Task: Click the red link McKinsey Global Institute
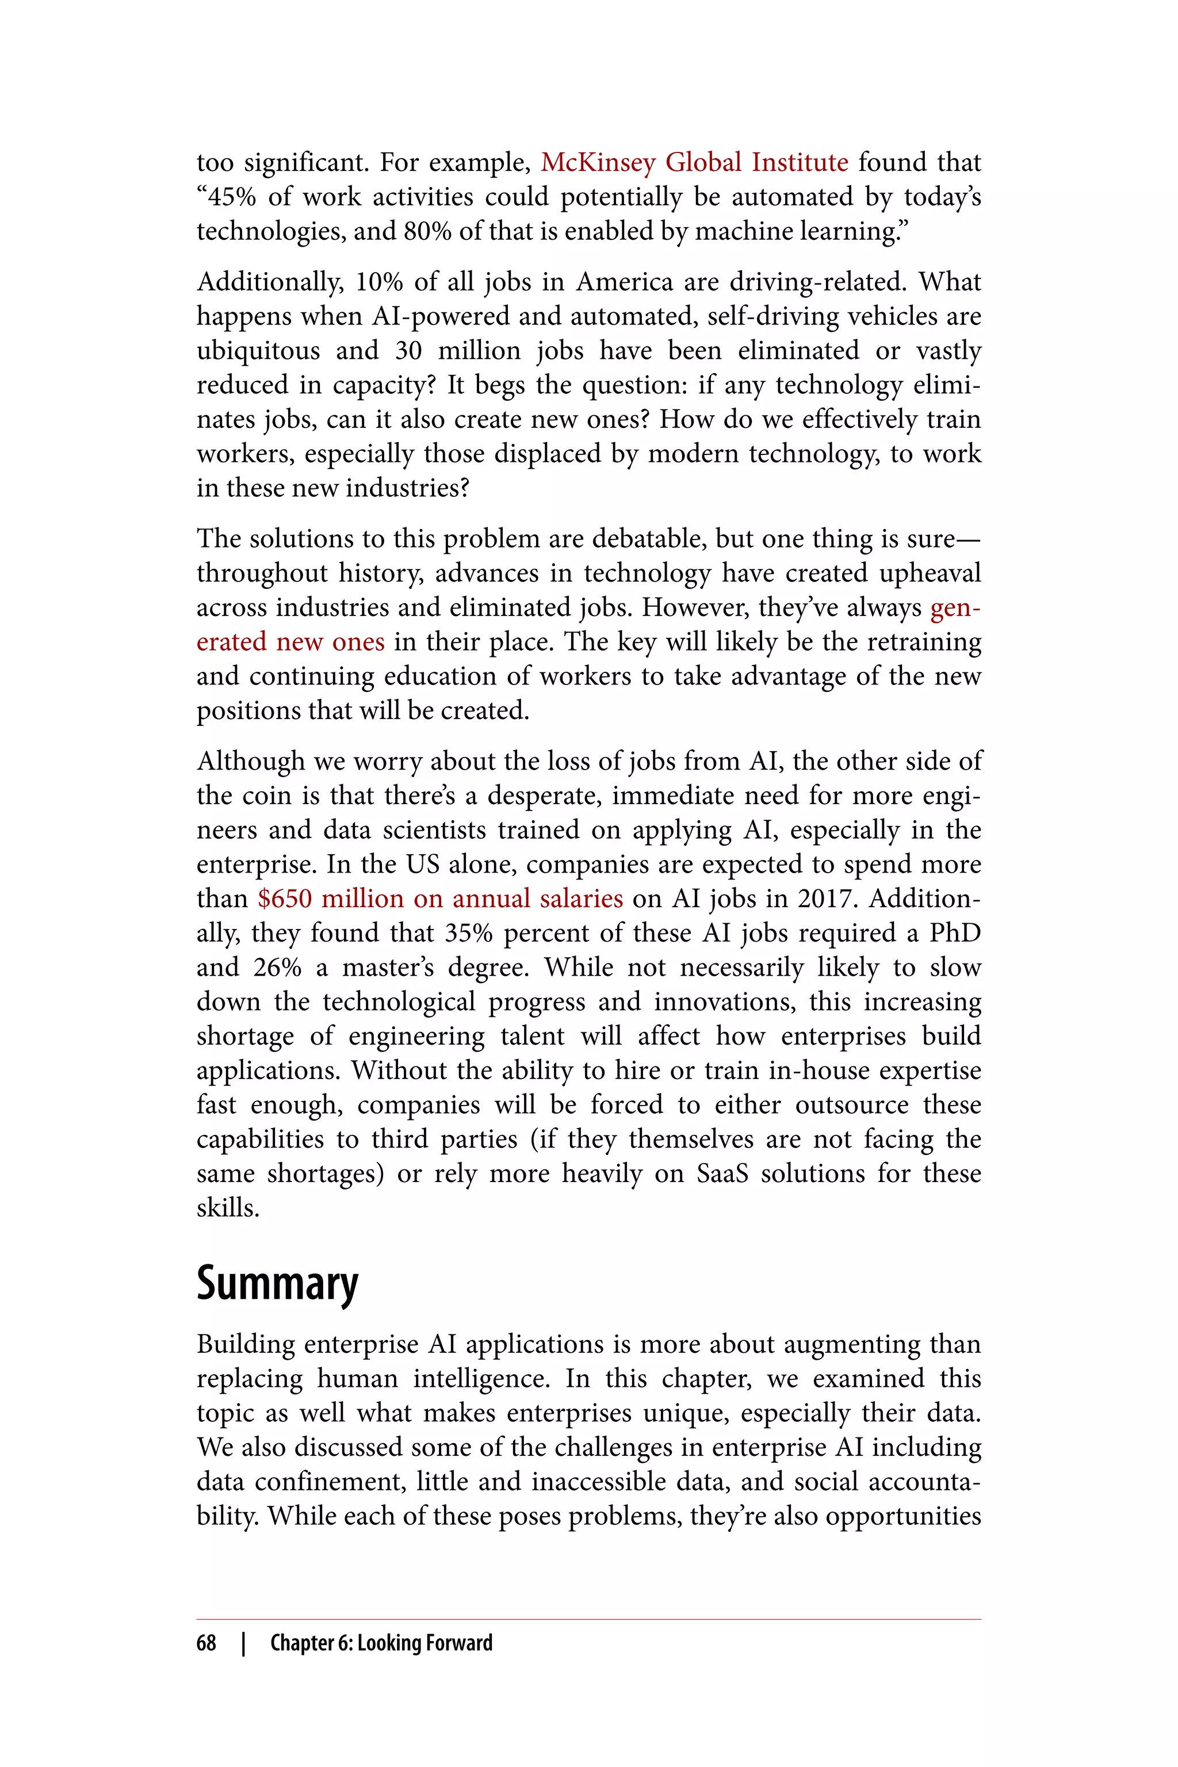[694, 162]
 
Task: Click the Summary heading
[277, 1283]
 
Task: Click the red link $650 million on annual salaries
[439, 898]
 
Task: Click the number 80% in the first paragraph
[427, 231]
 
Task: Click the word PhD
[955, 933]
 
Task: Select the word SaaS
[722, 1173]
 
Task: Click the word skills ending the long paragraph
[228, 1208]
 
